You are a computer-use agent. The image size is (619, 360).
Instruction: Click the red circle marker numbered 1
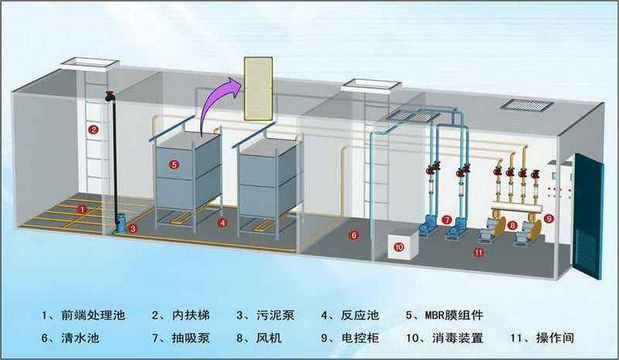coord(82,209)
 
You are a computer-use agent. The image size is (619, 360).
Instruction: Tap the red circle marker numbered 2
coord(93,129)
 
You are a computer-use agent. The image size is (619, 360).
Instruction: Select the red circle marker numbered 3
coord(133,228)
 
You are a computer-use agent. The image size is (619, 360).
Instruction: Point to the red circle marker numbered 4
coord(223,222)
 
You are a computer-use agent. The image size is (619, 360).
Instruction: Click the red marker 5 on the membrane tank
coord(174,164)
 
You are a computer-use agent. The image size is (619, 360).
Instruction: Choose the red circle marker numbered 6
coord(354,234)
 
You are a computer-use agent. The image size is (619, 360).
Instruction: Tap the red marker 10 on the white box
coord(399,247)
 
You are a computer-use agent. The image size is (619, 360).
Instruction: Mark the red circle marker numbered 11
coord(479,252)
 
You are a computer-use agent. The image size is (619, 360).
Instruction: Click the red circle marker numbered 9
coord(549,219)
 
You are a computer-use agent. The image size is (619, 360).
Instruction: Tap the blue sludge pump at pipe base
coord(120,225)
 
